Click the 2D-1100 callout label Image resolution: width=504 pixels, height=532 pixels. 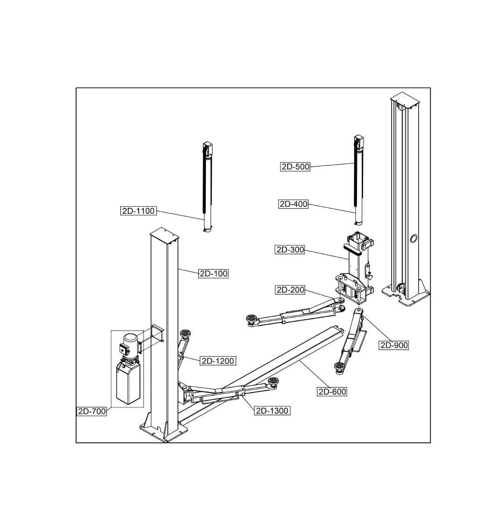138,211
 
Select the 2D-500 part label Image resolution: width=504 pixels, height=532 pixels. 295,167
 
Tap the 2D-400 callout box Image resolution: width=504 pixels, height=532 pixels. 294,204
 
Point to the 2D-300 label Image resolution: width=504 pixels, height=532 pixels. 290,250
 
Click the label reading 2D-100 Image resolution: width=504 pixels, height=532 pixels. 214,273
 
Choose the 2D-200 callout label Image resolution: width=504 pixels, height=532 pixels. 290,290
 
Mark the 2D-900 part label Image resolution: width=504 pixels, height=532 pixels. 394,345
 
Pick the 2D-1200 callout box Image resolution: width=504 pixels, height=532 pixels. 217,361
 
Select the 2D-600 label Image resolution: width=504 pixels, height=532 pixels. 332,392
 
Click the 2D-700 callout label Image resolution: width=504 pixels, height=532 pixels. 92,411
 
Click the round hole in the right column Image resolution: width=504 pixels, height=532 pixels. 413,239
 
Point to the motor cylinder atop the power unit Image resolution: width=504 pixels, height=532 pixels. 132,343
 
